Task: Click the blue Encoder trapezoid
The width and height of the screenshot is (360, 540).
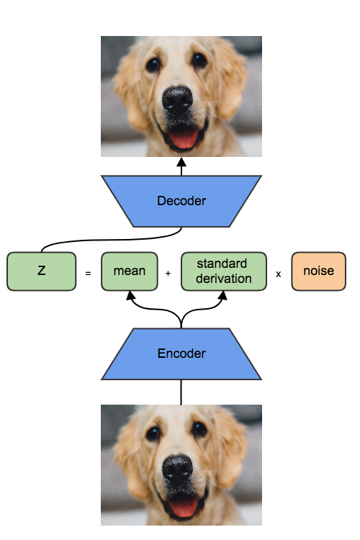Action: [181, 354]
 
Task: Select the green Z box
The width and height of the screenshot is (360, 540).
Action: [41, 271]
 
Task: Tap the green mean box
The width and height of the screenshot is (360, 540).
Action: [129, 271]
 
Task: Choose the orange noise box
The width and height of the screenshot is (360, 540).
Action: [318, 271]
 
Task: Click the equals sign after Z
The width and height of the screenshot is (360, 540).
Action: [88, 274]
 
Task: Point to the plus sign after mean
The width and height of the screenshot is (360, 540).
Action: [168, 274]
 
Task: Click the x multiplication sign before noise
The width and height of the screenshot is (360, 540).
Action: [278, 274]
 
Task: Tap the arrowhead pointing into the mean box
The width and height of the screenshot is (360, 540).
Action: [131, 295]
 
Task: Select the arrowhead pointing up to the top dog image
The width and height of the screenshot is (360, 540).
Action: [181, 162]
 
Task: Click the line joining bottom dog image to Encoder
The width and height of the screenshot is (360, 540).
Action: [181, 392]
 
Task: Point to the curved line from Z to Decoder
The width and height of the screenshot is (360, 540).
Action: [108, 240]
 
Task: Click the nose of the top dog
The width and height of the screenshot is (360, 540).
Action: [177, 100]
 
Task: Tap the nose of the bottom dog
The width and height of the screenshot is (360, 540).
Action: [177, 469]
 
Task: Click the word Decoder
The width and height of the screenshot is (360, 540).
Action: [181, 201]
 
